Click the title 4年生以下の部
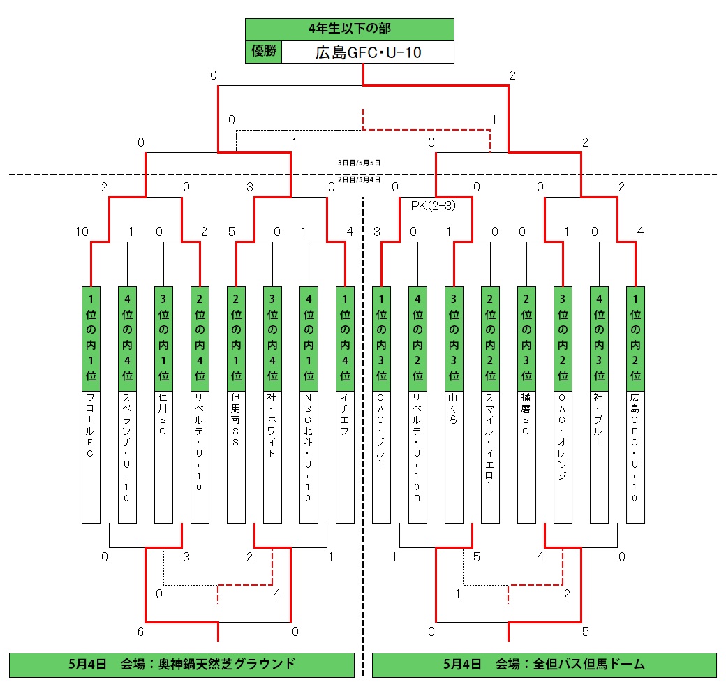[x=349, y=29]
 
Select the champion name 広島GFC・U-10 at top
[x=368, y=52]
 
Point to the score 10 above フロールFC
[x=82, y=232]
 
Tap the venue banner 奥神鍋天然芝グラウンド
[x=181, y=664]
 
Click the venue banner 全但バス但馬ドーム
[x=544, y=664]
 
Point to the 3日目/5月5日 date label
[x=359, y=163]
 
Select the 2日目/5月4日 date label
[x=359, y=179]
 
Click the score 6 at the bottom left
[x=141, y=632]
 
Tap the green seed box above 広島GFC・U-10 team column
[x=635, y=338]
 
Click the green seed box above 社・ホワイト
[x=272, y=338]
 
